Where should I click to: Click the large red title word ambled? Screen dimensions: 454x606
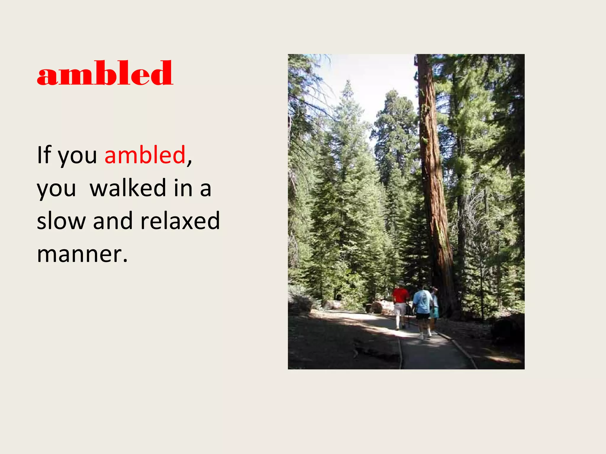click(x=105, y=73)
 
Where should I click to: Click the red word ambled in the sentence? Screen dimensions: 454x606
click(x=145, y=155)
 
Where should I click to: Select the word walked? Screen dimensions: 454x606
click(x=128, y=188)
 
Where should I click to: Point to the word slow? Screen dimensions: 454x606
click(x=61, y=221)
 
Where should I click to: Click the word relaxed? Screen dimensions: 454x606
click(x=180, y=221)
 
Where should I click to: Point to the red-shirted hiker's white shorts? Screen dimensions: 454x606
click(x=400, y=309)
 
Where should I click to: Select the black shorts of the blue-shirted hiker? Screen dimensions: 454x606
click(x=423, y=316)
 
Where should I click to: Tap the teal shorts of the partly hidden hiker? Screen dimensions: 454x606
click(x=435, y=313)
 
